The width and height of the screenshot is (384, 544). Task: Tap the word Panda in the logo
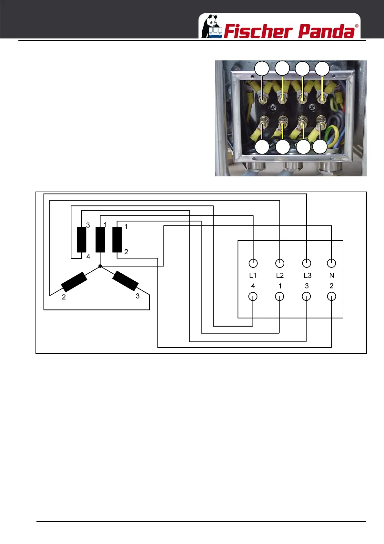pos(326,31)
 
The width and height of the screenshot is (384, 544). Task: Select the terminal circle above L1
pos(253,263)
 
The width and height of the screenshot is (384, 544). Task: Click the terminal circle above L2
pos(280,263)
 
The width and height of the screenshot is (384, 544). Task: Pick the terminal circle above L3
pos(307,263)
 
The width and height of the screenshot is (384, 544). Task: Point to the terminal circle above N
pos(331,263)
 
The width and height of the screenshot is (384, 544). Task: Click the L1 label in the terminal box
pos(253,276)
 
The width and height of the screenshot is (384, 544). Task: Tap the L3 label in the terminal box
pos(308,276)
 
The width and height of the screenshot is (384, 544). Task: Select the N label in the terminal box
pos(331,276)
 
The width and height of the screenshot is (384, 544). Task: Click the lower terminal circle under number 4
pos(253,297)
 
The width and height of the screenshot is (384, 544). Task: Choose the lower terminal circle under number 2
pos(331,297)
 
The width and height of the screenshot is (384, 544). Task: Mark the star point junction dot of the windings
pos(100,266)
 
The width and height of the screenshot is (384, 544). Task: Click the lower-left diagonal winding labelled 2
pos(74,282)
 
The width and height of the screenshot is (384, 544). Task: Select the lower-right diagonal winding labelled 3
pos(126,281)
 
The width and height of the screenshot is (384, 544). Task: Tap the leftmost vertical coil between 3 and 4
pos(82,240)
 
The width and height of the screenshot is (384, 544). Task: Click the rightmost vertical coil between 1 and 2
pos(117,240)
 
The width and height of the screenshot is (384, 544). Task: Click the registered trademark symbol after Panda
pos(357,26)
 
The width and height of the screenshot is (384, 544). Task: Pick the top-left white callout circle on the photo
pos(262,69)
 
